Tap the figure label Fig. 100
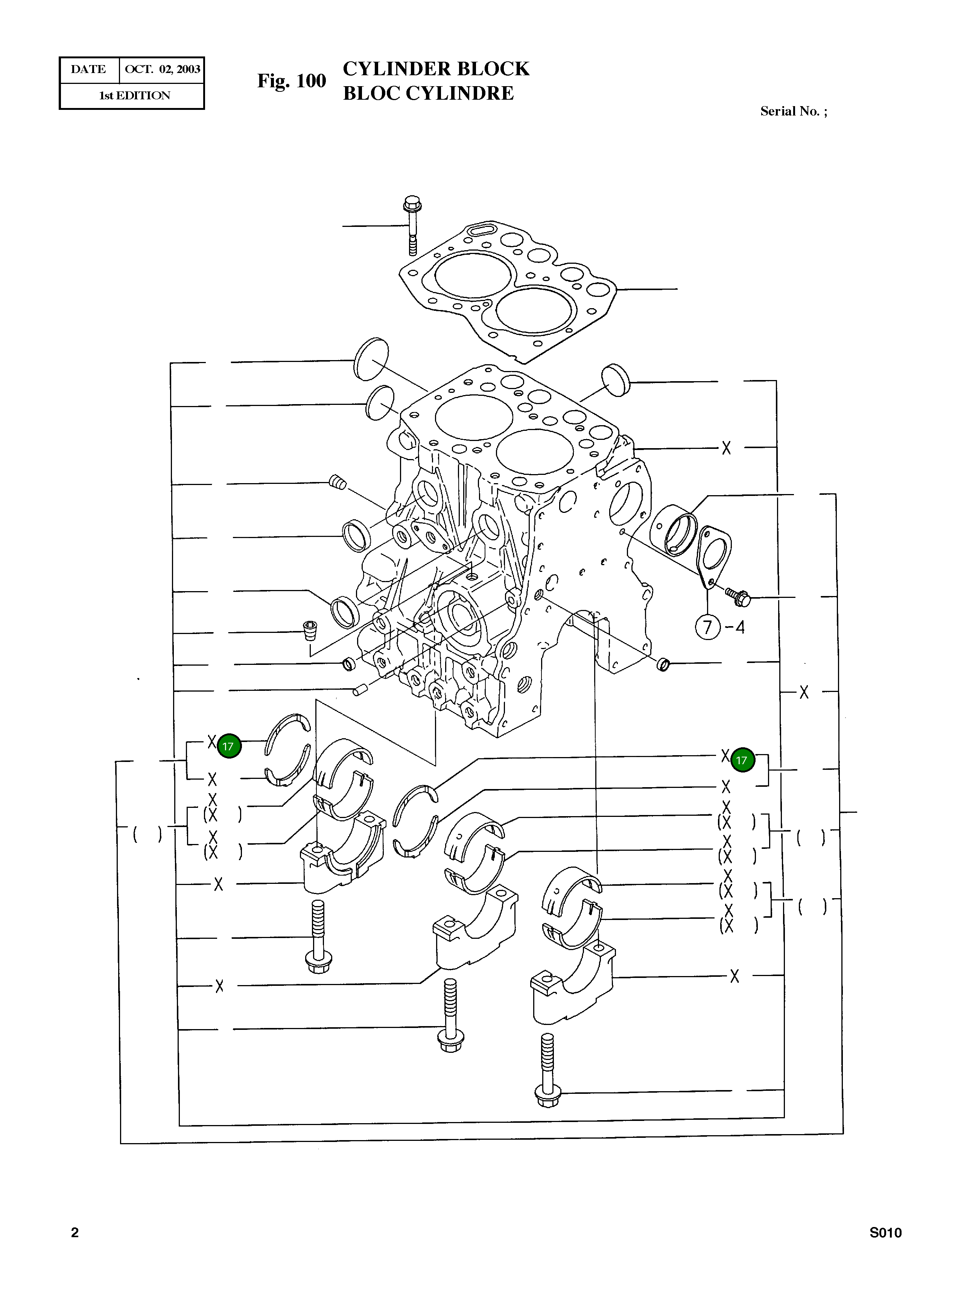point(292,81)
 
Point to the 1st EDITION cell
point(135,96)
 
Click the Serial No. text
point(793,111)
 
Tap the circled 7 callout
point(707,627)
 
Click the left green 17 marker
point(228,746)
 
